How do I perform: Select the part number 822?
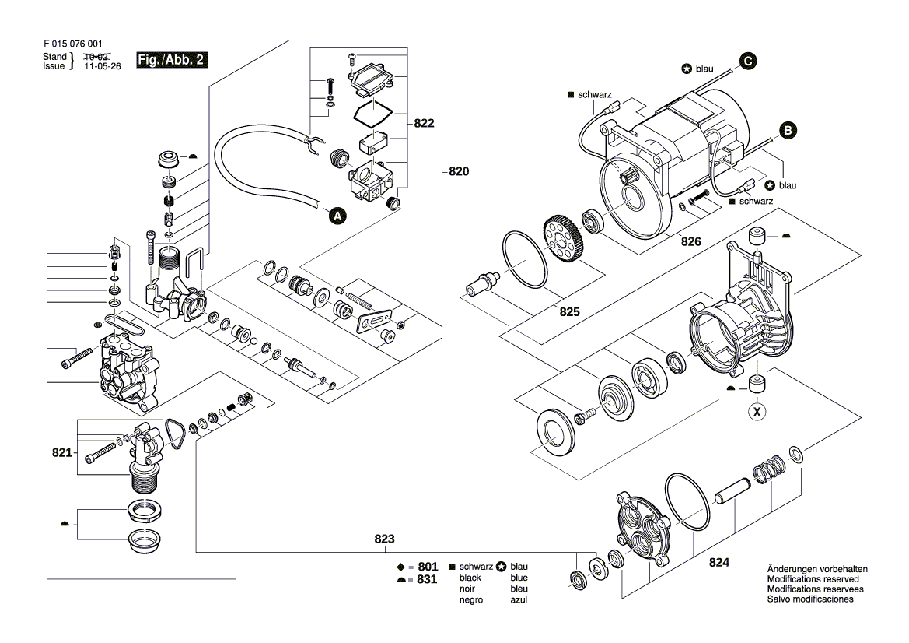(x=424, y=124)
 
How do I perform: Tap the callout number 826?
(x=691, y=242)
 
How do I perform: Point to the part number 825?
(x=570, y=311)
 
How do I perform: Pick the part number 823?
(x=384, y=539)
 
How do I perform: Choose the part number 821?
(x=61, y=452)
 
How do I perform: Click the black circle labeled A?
(x=337, y=216)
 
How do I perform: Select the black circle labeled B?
(x=788, y=132)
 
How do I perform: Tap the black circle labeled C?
(x=747, y=61)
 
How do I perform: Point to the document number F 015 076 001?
(x=73, y=45)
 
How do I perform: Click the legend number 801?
(x=428, y=567)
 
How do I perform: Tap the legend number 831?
(x=428, y=580)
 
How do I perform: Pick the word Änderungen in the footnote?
(x=792, y=569)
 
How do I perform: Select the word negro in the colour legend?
(x=471, y=599)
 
